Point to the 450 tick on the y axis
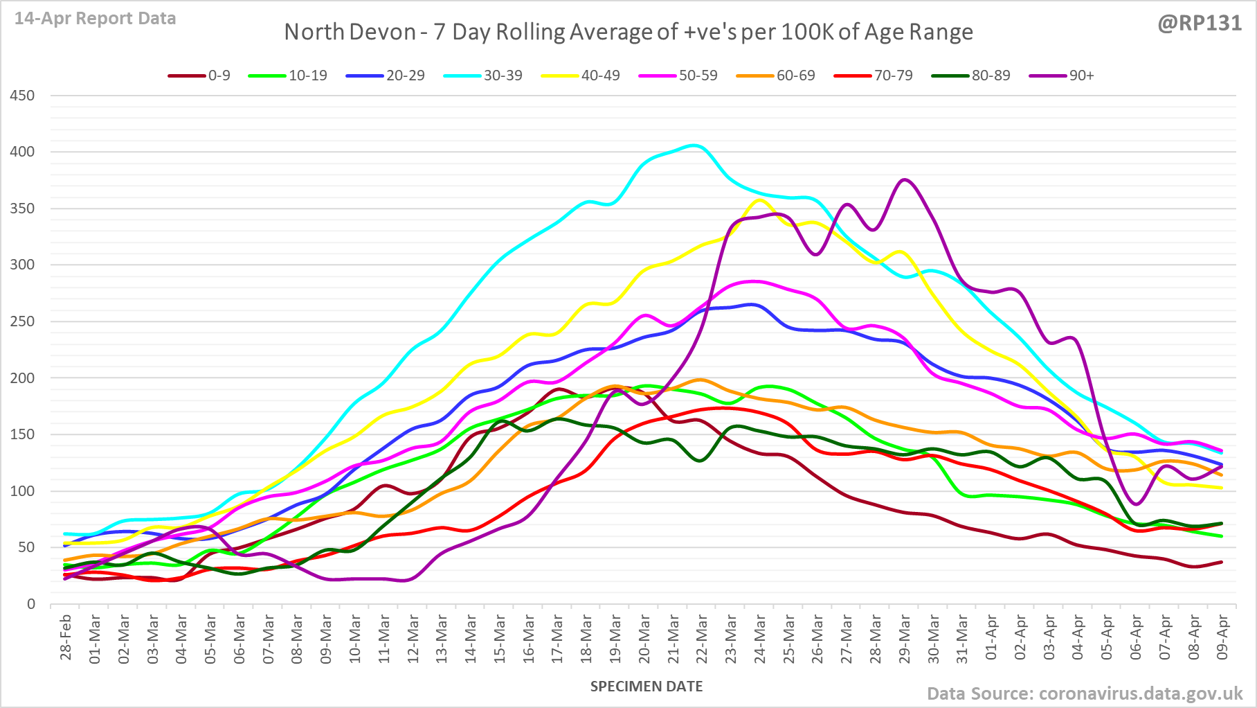point(22,96)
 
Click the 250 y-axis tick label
point(22,321)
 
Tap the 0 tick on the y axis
point(30,604)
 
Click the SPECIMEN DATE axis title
point(646,687)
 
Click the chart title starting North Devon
point(628,33)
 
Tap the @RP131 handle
point(1200,23)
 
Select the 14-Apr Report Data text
point(95,19)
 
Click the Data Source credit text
point(1085,693)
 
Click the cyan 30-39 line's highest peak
point(695,145)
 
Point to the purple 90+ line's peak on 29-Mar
point(905,180)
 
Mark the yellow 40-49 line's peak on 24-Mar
point(759,200)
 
